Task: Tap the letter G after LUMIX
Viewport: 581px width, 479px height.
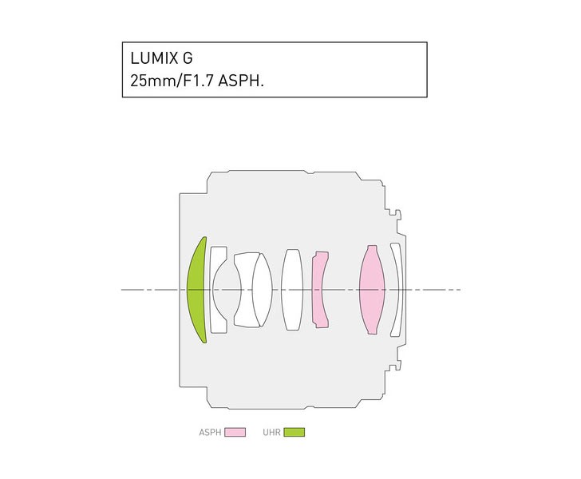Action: pyautogui.click(x=188, y=58)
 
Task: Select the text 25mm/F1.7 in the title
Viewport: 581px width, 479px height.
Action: pyautogui.click(x=172, y=80)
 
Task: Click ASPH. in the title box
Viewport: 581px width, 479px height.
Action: pyautogui.click(x=241, y=80)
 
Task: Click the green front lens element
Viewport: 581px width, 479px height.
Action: pyautogui.click(x=195, y=290)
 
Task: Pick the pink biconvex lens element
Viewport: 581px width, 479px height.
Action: pyautogui.click(x=372, y=290)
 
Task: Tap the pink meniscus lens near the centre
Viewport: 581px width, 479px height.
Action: pyautogui.click(x=318, y=290)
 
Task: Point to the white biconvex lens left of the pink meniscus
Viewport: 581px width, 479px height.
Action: pyautogui.click(x=292, y=290)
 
